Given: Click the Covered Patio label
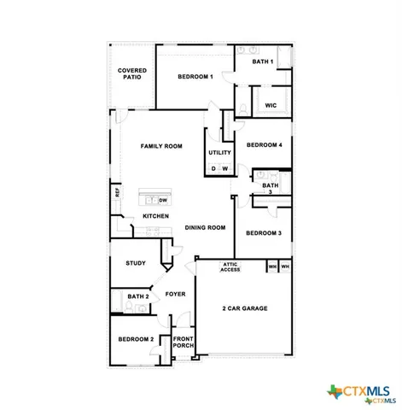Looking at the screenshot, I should point(132,73).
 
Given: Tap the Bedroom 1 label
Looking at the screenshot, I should point(195,77).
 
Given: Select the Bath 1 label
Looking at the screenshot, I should point(263,61).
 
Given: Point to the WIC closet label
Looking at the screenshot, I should point(271,105).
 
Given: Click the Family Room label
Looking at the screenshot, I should point(162,147).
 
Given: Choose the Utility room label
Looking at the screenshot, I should point(219,152).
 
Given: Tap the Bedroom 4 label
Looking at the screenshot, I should point(264,145).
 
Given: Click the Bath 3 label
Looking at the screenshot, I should point(270,189).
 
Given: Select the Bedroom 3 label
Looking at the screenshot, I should point(264,233).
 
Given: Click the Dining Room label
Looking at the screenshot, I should point(205,227).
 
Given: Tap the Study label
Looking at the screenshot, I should point(136,263).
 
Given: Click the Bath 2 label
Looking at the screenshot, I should point(138,296).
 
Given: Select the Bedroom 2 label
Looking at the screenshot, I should point(136,339).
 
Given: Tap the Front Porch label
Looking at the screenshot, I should point(184,343).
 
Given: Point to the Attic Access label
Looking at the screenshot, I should point(230,267).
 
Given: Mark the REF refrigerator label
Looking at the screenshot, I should point(117,193).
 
